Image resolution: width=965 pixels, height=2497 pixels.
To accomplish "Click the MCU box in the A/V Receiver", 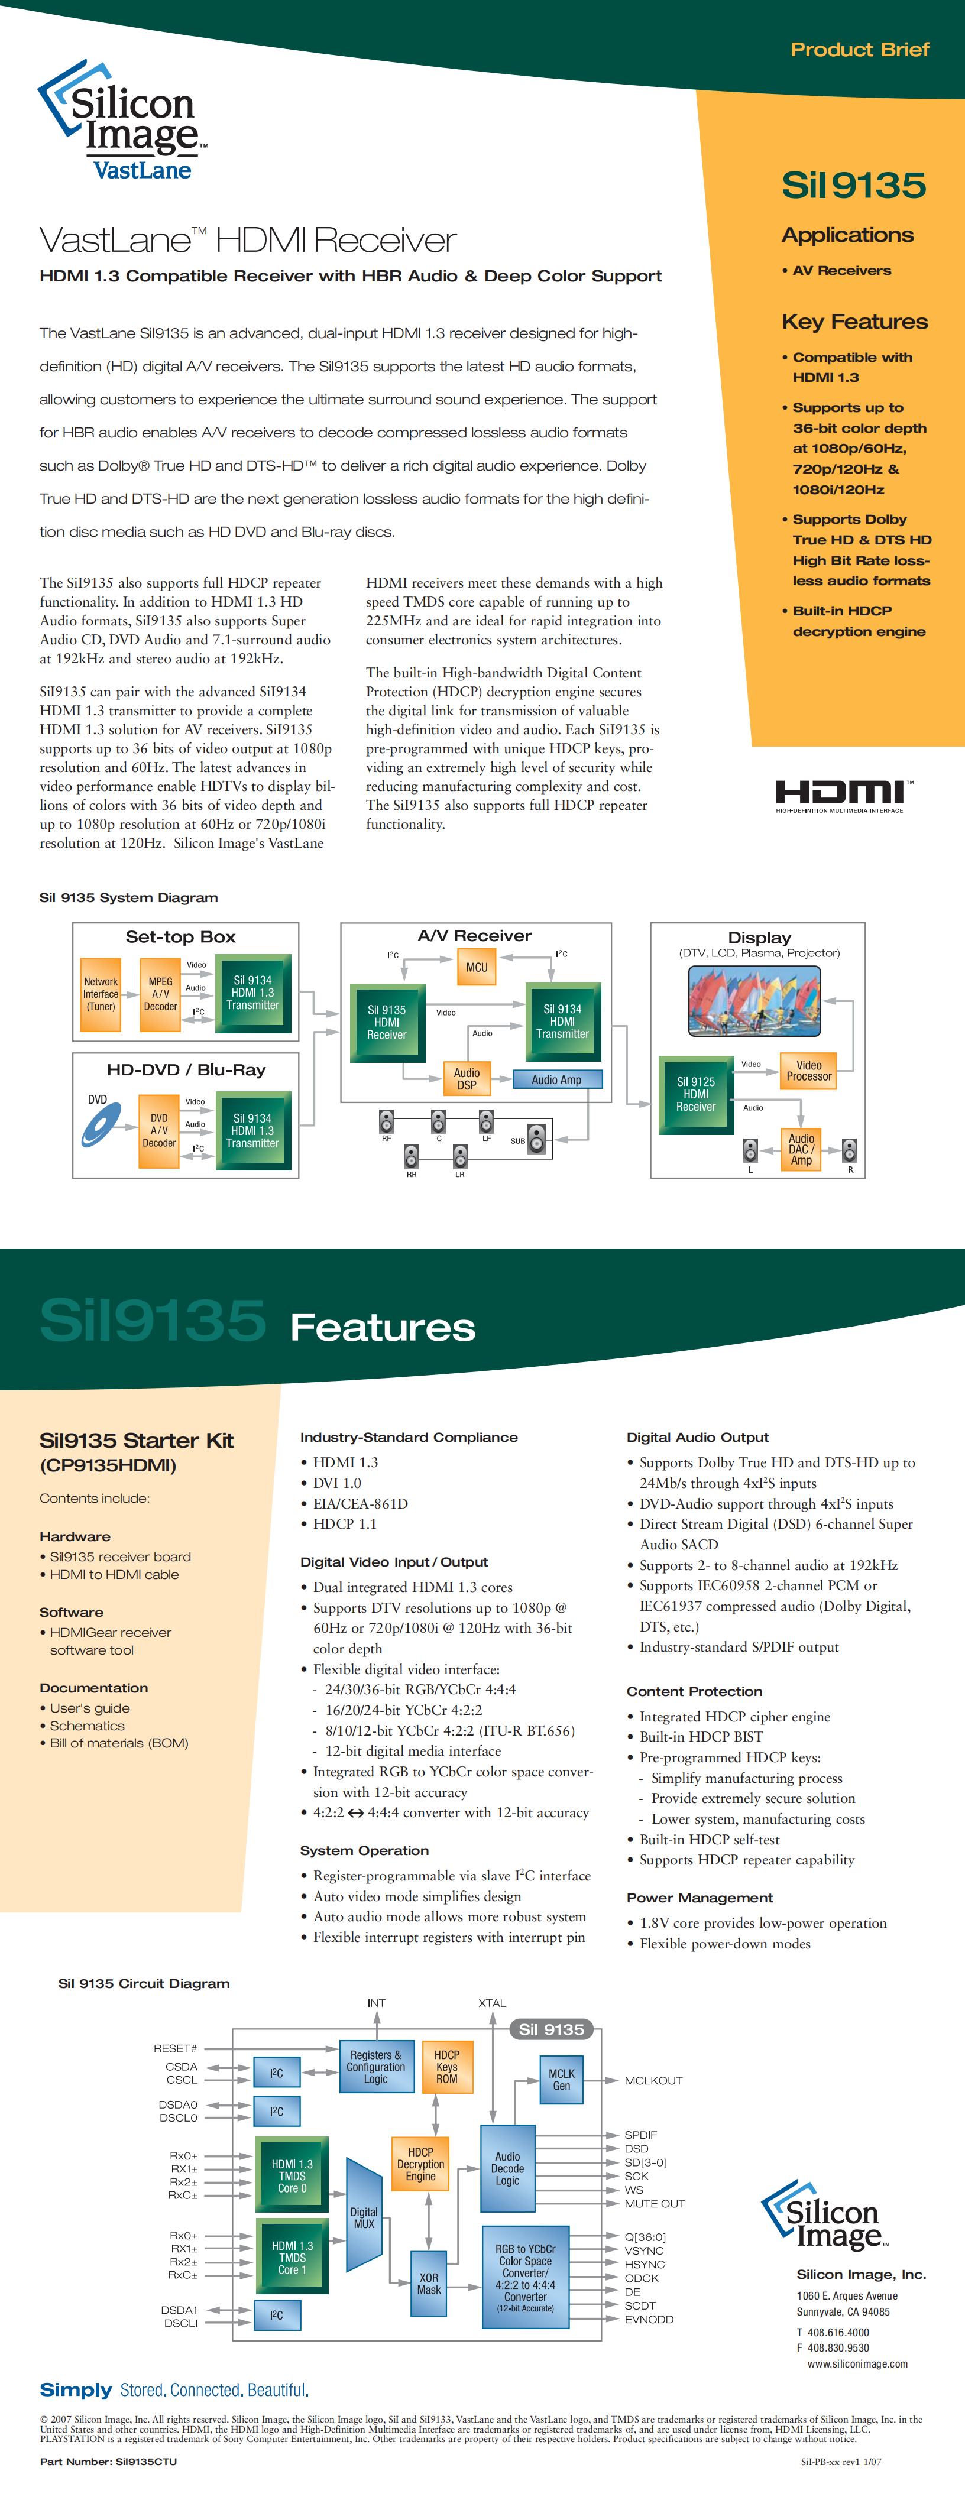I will tap(476, 967).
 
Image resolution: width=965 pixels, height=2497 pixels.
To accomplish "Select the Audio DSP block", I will tap(467, 1078).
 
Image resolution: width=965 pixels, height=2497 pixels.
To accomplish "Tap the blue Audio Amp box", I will tap(556, 1079).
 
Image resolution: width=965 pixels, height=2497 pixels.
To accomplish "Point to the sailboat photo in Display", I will tap(753, 1001).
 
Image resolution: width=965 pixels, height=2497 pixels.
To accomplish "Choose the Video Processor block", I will tap(809, 1070).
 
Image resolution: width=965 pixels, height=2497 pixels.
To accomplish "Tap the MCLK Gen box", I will tap(562, 2079).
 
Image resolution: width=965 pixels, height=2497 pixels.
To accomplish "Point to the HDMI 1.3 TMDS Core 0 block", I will tap(292, 2175).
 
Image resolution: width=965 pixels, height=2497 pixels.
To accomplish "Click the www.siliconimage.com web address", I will tap(857, 2363).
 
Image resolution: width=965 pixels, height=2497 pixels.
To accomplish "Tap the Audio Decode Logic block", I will tap(507, 2168).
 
